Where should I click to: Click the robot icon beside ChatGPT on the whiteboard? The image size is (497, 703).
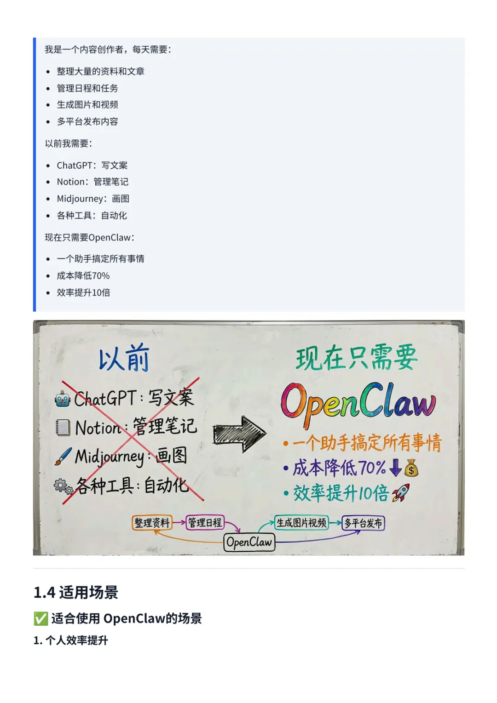pos(63,399)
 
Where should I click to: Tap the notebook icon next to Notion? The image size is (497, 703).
pos(63,427)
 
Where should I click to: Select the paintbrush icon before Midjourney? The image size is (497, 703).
pos(63,456)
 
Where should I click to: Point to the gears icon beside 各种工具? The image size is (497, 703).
pos(63,486)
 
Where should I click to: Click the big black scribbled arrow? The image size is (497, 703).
pos(239,434)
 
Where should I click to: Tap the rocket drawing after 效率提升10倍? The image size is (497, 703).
pos(400,493)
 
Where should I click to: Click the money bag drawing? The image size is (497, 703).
pos(411,468)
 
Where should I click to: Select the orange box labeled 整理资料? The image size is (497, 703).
pos(152,523)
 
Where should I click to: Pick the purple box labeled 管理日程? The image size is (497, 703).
pos(205,522)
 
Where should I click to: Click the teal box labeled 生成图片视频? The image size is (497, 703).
pos(301,523)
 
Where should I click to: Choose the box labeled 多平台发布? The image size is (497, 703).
pos(363,523)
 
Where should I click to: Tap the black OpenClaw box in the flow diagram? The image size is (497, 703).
pos(249,543)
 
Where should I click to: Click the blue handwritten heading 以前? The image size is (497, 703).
pos(124,359)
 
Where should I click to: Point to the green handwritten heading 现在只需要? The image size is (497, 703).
pos(357,358)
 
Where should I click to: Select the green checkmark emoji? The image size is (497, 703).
pos(40,619)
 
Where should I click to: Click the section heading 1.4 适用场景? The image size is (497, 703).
pos(76,593)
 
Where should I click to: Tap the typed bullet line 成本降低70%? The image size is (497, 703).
pos(83,276)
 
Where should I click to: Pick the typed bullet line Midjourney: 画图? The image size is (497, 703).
pos(93,199)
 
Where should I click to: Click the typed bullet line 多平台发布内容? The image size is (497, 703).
pos(87,122)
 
